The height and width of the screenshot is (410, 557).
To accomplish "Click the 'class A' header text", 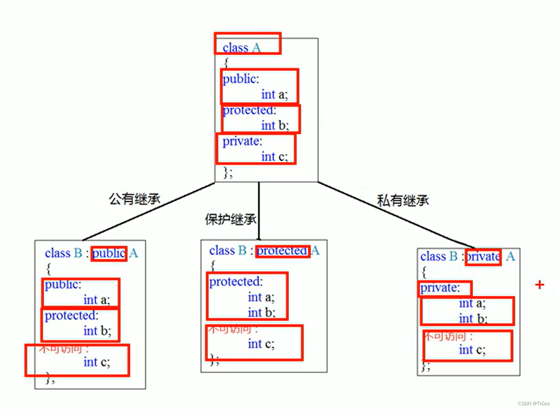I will pyautogui.click(x=241, y=47).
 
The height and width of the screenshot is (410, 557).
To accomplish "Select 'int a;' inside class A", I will pyautogui.click(x=274, y=94).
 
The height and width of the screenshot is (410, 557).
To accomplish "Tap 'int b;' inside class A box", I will pyautogui.click(x=274, y=125).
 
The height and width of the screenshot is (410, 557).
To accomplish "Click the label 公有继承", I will pyautogui.click(x=134, y=198).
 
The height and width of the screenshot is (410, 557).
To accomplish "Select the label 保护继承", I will pyautogui.click(x=231, y=219).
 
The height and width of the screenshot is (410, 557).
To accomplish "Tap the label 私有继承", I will pyautogui.click(x=403, y=201).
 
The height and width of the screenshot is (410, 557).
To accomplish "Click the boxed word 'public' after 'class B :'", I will pyautogui.click(x=109, y=254).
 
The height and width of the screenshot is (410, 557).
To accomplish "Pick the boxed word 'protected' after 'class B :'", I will pyautogui.click(x=282, y=251).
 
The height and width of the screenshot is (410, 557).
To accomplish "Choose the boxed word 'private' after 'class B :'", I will pyautogui.click(x=483, y=256).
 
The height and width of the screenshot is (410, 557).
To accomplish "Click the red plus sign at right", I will pyautogui.click(x=540, y=285).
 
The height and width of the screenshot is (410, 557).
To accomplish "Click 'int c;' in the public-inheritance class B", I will pyautogui.click(x=97, y=362).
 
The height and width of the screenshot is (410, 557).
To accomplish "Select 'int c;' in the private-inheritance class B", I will pyautogui.click(x=472, y=350).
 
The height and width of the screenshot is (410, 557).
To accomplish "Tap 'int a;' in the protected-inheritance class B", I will pyautogui.click(x=261, y=297).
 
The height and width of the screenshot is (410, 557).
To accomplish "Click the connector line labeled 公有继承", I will pyautogui.click(x=150, y=211).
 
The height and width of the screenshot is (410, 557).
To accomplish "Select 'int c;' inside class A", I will pyautogui.click(x=274, y=156).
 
